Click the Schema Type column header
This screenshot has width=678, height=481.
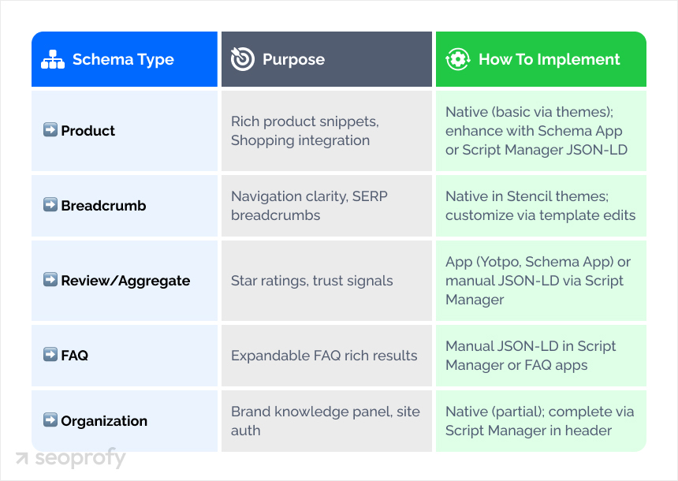[x=123, y=59]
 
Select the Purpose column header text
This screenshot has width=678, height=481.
[x=293, y=59]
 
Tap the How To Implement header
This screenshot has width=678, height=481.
[x=549, y=59]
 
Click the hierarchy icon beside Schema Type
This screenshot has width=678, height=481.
[x=53, y=59]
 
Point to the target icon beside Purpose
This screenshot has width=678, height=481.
[x=242, y=59]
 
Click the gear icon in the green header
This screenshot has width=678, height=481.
[x=458, y=59]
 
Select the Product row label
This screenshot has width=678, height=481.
[x=88, y=131]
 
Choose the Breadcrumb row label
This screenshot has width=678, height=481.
[x=103, y=206]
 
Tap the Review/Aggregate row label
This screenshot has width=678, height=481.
[x=125, y=281]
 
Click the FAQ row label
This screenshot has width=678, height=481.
[x=74, y=356]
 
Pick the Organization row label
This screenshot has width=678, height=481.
[x=104, y=421]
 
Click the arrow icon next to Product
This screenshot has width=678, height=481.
[x=50, y=130]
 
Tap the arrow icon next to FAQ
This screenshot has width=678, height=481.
[x=50, y=355]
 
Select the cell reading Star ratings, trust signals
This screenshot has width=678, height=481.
[x=311, y=281]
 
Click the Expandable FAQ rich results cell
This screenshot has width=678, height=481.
[x=324, y=356]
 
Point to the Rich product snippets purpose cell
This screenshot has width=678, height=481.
[x=304, y=131]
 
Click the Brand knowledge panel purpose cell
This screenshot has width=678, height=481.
[x=325, y=421]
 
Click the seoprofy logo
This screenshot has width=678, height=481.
[x=70, y=458]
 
